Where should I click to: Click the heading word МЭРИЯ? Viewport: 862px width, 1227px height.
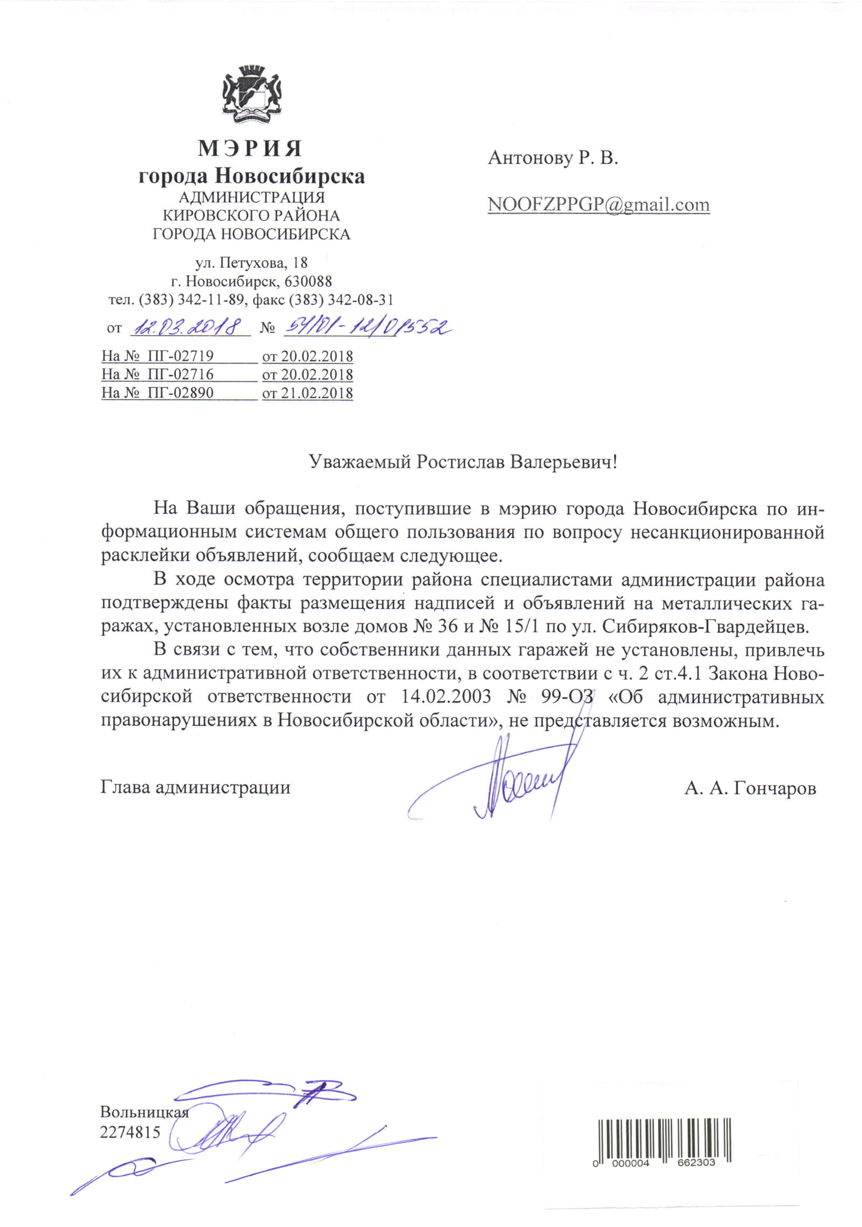[250, 149]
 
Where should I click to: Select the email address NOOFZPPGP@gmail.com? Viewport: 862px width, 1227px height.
[598, 205]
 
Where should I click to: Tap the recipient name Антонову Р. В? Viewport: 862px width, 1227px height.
[553, 157]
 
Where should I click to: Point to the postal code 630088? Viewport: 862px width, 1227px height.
[308, 281]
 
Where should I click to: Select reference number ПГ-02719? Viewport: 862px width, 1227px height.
[180, 356]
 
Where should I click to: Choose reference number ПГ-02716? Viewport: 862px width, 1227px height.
[180, 374]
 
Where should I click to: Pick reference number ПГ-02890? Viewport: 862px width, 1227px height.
[180, 393]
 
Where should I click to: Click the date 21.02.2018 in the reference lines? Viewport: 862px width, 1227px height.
[317, 393]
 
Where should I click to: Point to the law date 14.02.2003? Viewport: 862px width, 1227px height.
[445, 697]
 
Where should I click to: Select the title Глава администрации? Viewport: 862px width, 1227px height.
[196, 787]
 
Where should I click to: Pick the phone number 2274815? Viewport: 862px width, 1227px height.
[130, 1132]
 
